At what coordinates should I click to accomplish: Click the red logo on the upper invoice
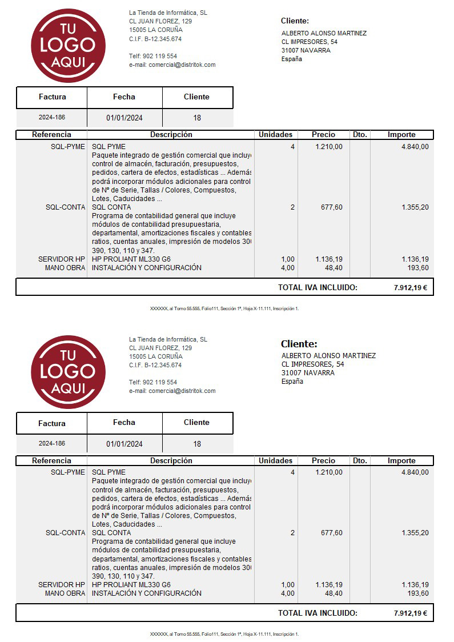point(68,46)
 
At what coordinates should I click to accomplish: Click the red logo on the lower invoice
point(68,372)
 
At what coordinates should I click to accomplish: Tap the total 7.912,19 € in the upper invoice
point(410,288)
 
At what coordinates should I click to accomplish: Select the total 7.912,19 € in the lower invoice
point(410,613)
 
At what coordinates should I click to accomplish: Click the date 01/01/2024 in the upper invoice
point(124,118)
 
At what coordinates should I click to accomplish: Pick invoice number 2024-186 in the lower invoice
point(52,444)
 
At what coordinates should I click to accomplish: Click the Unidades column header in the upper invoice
point(275,135)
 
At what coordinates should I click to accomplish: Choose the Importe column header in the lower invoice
point(401,461)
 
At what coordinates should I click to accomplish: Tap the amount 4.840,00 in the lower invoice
point(415,472)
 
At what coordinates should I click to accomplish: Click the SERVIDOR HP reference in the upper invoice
point(62,259)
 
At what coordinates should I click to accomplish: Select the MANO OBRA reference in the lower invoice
point(65,593)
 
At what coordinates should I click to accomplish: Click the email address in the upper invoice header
point(172,65)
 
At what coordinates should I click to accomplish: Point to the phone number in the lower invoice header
point(153,382)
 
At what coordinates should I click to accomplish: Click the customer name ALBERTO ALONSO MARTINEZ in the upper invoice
point(324,33)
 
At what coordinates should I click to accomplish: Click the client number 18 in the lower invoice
point(197,444)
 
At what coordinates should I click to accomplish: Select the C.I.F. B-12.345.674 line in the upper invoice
point(155,39)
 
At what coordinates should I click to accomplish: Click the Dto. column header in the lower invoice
point(360,461)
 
